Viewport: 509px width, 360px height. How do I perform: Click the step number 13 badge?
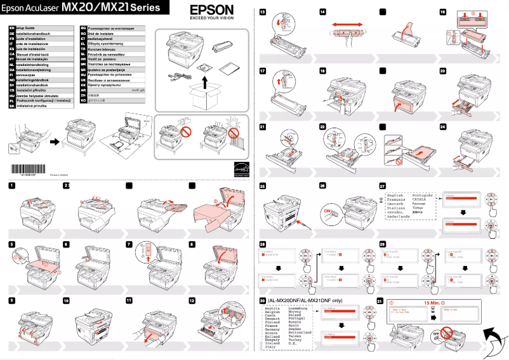coord(262,13)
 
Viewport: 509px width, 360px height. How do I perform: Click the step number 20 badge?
coord(442,71)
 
